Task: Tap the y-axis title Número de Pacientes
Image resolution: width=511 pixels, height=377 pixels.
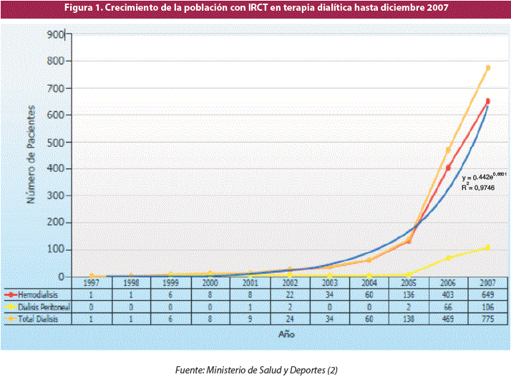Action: click(31, 154)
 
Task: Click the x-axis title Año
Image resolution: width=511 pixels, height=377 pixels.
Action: click(286, 334)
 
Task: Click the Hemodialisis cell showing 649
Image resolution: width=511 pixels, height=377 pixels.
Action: click(487, 295)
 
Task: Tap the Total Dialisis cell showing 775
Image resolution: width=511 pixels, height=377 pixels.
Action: click(487, 318)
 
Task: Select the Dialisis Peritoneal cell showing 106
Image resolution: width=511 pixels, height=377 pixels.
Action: click(487, 306)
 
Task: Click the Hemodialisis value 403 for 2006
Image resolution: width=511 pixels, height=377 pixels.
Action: click(448, 295)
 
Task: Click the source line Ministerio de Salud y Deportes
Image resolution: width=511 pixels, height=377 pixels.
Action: click(256, 369)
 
